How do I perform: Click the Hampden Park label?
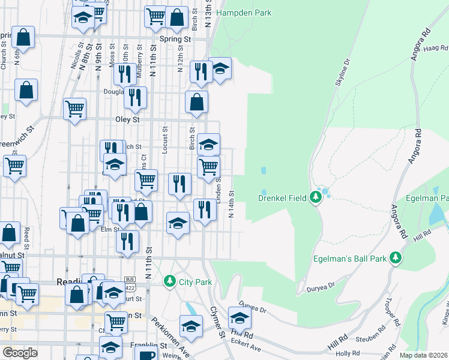[x=244, y=13]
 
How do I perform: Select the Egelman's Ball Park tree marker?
[x=395, y=258]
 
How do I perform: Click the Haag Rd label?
[x=435, y=48]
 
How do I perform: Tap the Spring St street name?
[x=175, y=39]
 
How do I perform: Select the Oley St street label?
[x=127, y=119]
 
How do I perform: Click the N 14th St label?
[x=231, y=205]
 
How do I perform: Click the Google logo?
[x=20, y=353]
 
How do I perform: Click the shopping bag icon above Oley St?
[x=196, y=102]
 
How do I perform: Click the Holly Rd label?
[x=347, y=353]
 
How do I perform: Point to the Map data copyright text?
[x=423, y=355]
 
